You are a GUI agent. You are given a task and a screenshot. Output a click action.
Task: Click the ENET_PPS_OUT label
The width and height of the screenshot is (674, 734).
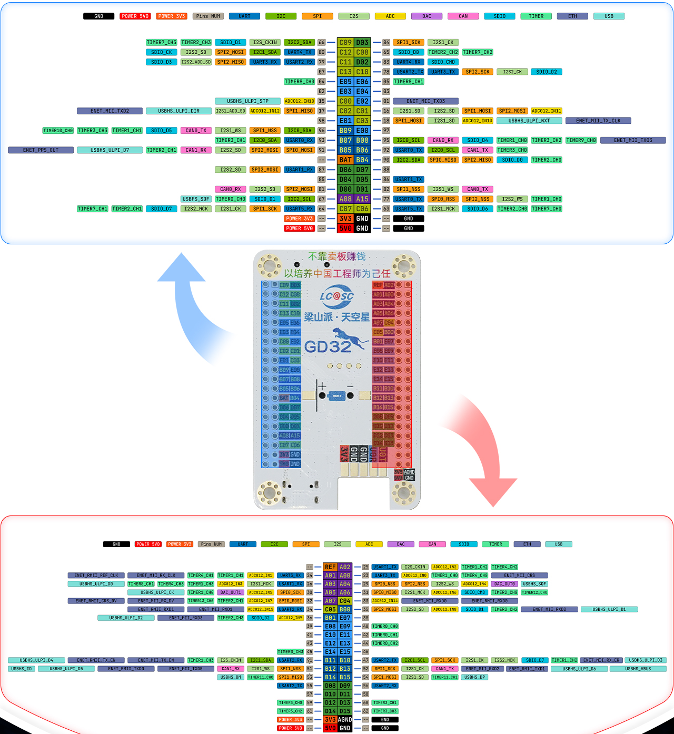coord(41,150)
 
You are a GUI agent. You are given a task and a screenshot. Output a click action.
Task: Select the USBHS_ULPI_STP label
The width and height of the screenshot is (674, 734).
coord(247,101)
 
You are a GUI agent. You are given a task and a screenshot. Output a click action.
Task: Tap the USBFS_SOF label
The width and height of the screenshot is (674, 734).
coord(196,199)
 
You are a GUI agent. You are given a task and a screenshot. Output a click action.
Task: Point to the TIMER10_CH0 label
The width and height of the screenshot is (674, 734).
coord(58,131)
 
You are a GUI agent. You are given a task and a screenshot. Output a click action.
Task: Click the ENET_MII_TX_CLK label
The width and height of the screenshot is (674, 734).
coord(598,121)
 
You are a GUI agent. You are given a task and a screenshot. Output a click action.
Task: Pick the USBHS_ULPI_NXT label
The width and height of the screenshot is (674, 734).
coord(529,121)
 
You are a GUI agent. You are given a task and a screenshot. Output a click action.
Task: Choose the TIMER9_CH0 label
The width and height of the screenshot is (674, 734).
coord(581,140)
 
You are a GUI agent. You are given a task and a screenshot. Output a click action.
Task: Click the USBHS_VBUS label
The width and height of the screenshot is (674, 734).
coord(638,669)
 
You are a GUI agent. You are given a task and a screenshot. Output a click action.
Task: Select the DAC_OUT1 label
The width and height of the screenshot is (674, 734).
coord(231,592)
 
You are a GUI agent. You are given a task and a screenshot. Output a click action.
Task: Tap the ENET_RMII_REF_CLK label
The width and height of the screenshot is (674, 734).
coord(96,576)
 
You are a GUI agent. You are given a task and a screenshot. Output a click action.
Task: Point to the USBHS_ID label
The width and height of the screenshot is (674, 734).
coord(22,669)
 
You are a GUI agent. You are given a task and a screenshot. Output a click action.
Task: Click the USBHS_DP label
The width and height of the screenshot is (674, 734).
coord(475,677)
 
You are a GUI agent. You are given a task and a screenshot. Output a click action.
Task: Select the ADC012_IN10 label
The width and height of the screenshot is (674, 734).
coord(300,101)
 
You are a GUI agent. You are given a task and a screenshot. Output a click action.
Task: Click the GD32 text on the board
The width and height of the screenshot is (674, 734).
coord(328,346)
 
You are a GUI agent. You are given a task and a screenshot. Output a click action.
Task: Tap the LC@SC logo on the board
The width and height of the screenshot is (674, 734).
coord(337,296)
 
